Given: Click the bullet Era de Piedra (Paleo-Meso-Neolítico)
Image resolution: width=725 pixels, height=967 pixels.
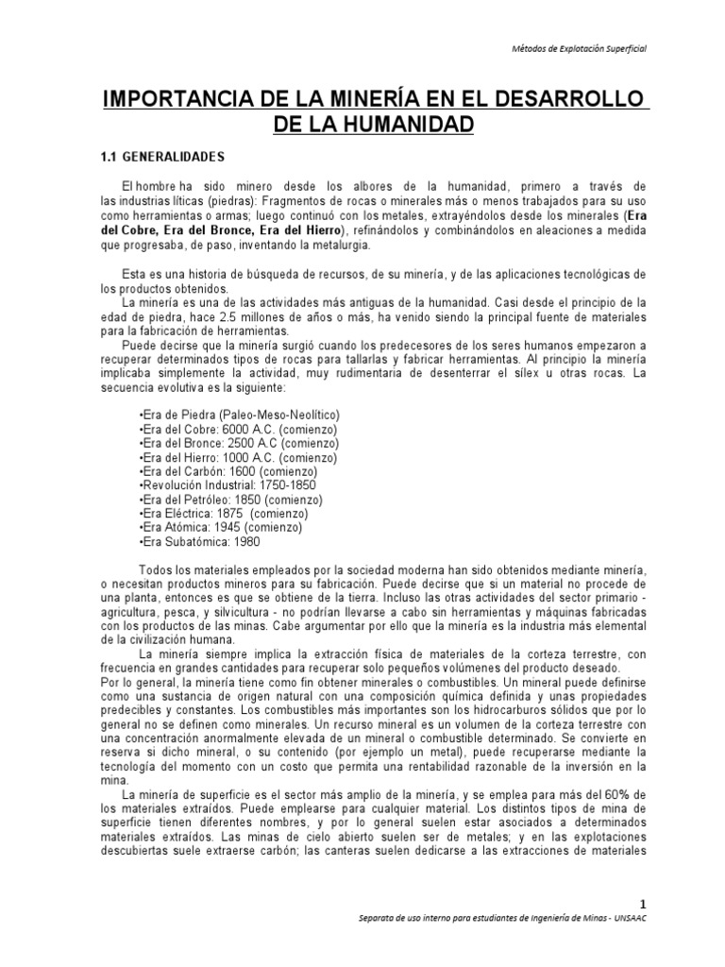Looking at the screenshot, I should [x=240, y=415].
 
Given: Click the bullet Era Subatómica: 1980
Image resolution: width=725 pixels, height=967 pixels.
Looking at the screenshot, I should [x=199, y=542].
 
